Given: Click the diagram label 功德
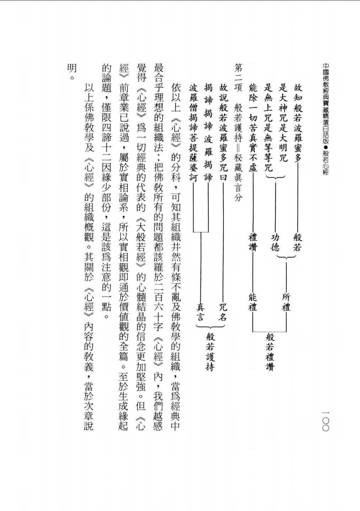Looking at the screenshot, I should coord(275,242).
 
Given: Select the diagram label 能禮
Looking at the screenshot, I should coord(253,302).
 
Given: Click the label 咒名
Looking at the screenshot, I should coord(223,312).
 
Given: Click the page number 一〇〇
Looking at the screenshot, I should coord(326,421).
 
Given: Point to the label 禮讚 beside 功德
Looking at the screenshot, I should coord(253,242).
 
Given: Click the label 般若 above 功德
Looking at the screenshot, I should coord(297,242).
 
